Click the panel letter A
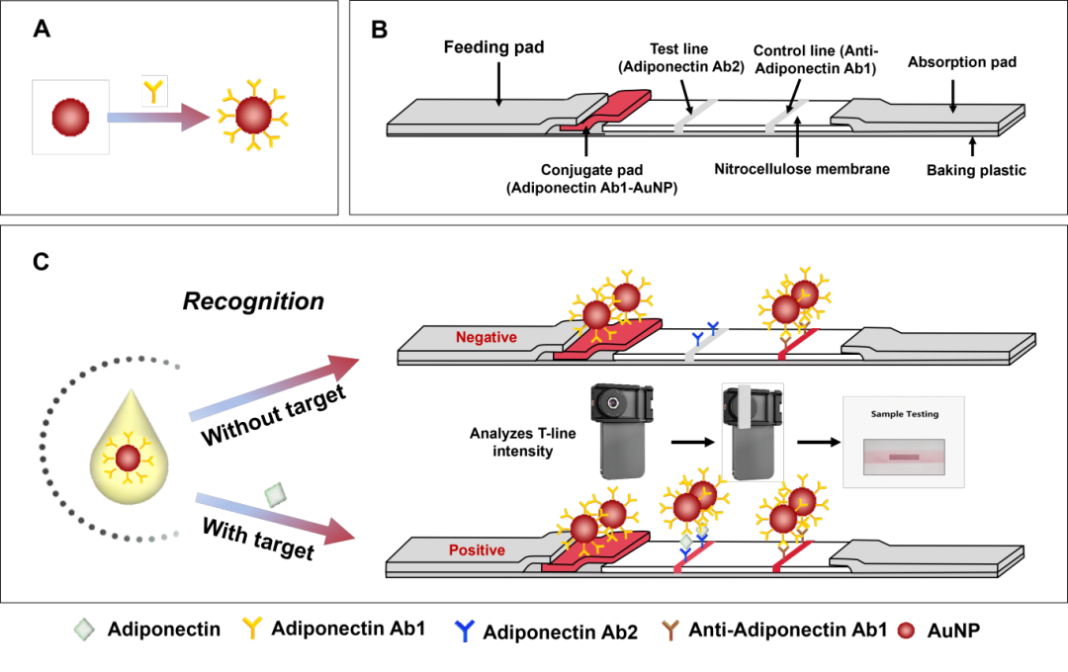[42, 30]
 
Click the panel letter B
[379, 30]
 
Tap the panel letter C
[41, 262]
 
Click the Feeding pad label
[493, 47]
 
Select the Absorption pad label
[962, 62]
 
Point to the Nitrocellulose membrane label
[802, 169]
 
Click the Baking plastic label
[976, 170]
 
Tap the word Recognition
[253, 301]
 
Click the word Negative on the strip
[487, 337]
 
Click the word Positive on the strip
[477, 550]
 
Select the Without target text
[274, 415]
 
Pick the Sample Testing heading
[905, 413]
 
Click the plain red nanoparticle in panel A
[71, 118]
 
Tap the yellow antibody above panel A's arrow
[154, 91]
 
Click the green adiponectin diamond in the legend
[84, 630]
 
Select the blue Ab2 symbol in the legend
[464, 631]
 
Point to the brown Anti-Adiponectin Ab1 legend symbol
[670, 630]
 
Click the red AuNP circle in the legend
[906, 630]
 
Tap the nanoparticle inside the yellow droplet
[128, 459]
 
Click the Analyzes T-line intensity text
[522, 442]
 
